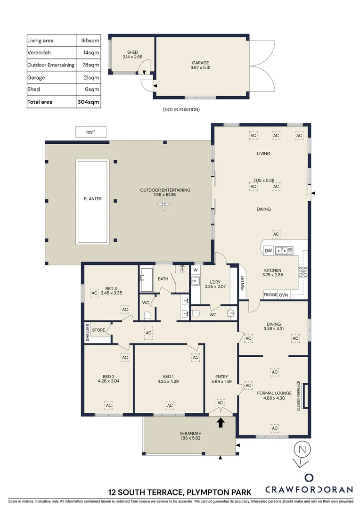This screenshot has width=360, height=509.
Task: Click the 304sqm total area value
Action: tap(88, 102)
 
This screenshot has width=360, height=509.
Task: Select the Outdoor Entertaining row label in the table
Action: tap(51, 65)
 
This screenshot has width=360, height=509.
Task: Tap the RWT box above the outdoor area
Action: tap(90, 132)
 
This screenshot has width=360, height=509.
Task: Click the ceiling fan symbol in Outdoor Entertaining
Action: tap(163, 204)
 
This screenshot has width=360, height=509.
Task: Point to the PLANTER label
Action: tap(92, 199)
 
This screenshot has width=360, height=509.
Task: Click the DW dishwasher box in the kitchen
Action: tap(268, 250)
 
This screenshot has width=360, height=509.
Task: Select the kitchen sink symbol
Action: tap(284, 251)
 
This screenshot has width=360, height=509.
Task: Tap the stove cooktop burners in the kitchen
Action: tap(303, 271)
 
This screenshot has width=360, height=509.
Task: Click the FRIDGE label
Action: tap(270, 295)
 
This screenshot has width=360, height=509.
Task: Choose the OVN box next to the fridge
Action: tap(283, 295)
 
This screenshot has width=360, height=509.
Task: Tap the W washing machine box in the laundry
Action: tap(195, 270)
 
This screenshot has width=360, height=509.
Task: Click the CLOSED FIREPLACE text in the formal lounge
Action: tap(299, 396)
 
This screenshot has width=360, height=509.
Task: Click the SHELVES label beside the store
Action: tap(87, 332)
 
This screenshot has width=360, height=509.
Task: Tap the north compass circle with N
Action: tap(300, 450)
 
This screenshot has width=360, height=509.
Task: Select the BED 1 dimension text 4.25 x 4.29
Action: tap(168, 382)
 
